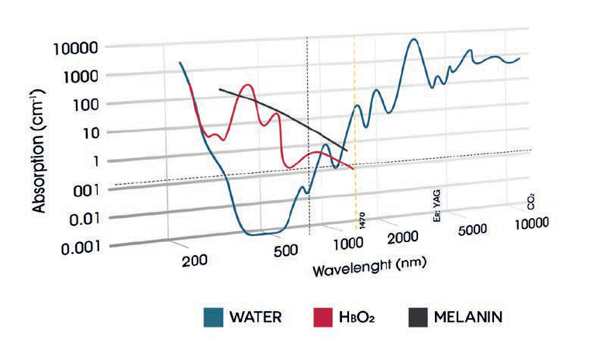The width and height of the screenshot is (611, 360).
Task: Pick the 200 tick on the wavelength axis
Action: (195, 259)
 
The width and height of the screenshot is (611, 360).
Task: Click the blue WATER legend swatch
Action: (213, 317)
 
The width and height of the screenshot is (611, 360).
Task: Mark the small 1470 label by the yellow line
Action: (362, 217)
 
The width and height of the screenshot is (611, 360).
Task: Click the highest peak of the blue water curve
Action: (415, 39)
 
